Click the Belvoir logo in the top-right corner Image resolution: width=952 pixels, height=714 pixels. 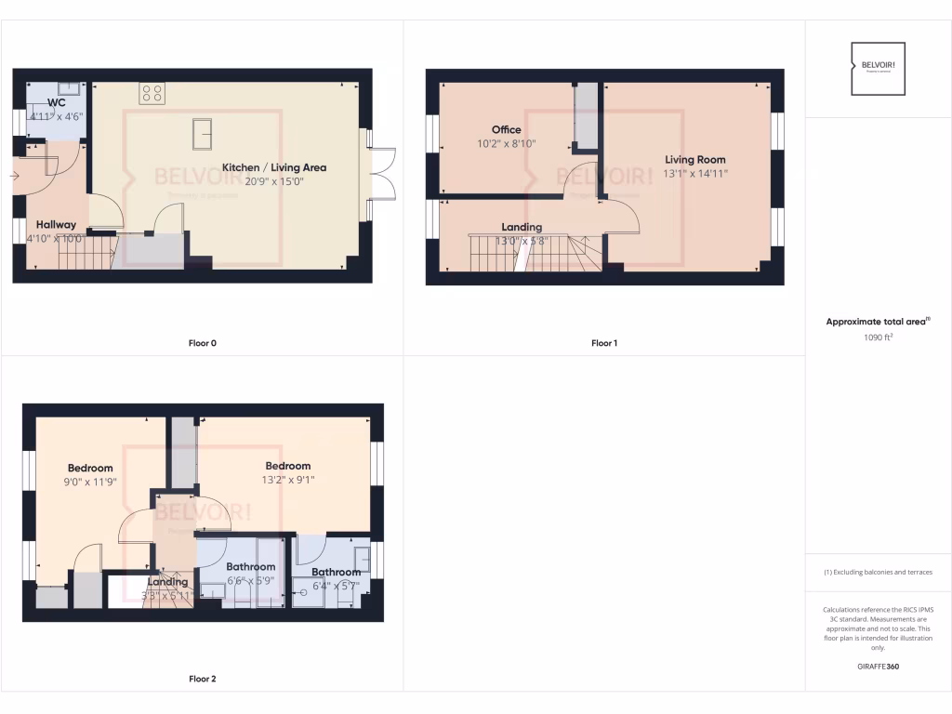(x=878, y=68)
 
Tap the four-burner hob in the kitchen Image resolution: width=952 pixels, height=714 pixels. (x=152, y=93)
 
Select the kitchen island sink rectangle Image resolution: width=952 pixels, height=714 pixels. (x=203, y=134)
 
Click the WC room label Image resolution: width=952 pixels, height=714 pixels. (x=57, y=103)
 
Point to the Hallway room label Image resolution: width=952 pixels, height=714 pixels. (x=57, y=225)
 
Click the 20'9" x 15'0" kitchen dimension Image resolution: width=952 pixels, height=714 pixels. (x=273, y=181)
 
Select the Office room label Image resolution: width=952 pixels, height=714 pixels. (x=506, y=130)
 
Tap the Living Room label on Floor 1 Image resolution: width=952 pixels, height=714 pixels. (x=694, y=160)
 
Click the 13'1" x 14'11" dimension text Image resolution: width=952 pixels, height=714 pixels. (x=694, y=174)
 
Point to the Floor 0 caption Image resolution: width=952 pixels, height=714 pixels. (x=202, y=343)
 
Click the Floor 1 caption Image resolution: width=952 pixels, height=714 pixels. (x=603, y=343)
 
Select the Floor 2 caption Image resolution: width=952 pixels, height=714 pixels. (x=202, y=679)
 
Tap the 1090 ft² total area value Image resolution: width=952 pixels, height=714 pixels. (x=878, y=337)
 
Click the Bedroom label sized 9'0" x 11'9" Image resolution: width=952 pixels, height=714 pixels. (x=90, y=468)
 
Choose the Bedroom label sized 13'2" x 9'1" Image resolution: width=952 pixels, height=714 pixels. (x=287, y=466)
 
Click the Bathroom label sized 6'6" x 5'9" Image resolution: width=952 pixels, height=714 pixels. (x=250, y=566)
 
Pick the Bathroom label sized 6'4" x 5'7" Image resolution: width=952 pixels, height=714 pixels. (x=336, y=572)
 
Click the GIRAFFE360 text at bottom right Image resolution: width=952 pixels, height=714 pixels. (x=878, y=666)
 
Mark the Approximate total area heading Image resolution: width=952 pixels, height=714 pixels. (x=877, y=322)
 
